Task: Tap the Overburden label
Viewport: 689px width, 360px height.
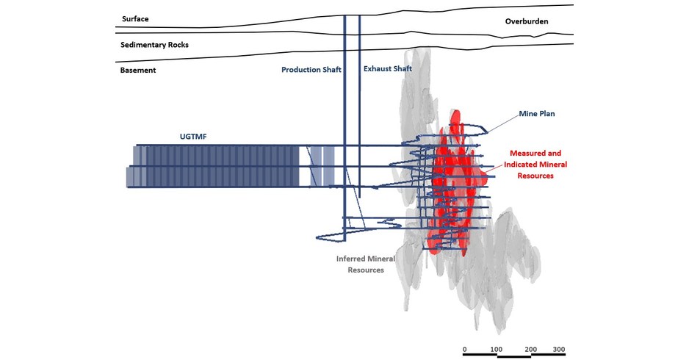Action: [527, 21]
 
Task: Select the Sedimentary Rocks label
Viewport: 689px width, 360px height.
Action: [154, 45]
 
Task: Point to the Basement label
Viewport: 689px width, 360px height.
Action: [138, 71]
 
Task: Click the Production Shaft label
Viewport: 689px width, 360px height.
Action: [311, 71]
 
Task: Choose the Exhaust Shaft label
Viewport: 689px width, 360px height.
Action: [388, 69]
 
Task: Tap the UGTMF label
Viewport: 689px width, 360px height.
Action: [195, 136]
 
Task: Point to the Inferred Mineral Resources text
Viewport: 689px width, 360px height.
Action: [366, 264]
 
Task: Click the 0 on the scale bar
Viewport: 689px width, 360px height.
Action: [465, 349]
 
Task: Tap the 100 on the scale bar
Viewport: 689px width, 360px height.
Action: [497, 349]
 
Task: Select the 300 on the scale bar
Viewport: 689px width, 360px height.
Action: [558, 349]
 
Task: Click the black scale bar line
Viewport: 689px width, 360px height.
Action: [514, 356]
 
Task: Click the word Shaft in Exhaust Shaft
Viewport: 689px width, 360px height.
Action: [400, 69]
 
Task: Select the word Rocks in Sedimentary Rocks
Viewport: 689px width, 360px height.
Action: [177, 45]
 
